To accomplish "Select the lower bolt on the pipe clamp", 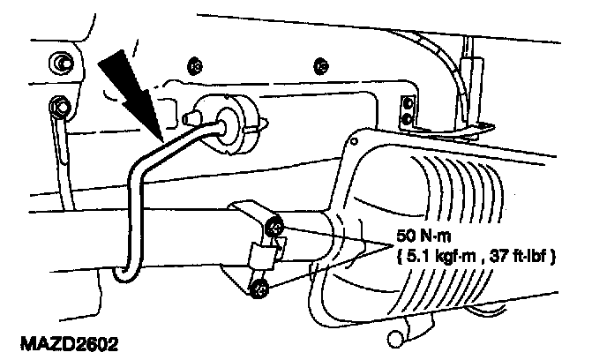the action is pos(261,286).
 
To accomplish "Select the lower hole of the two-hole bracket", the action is pos(407,117).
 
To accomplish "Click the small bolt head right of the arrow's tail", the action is pos(192,65).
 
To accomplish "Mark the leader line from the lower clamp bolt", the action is pos(326,262).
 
